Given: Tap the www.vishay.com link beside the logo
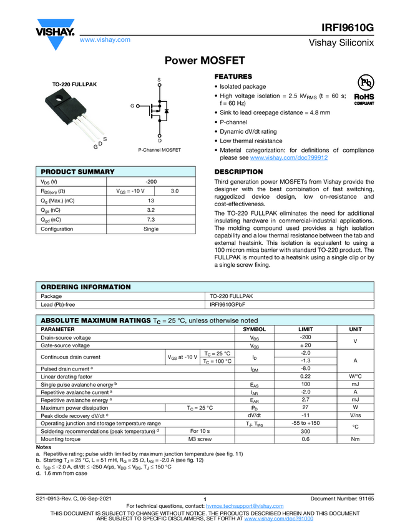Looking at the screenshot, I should coord(105,39).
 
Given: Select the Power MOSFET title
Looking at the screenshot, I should coord(200,61).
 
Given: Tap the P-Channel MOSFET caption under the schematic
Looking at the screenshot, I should coord(159,150).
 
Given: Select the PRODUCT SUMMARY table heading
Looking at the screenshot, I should coord(77,172).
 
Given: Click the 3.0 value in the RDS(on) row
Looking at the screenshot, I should coord(175,191).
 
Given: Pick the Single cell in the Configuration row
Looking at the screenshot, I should coord(151,229).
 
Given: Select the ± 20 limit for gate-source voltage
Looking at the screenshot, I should coord(306,345).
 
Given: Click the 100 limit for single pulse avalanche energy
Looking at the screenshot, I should coord(306,385).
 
